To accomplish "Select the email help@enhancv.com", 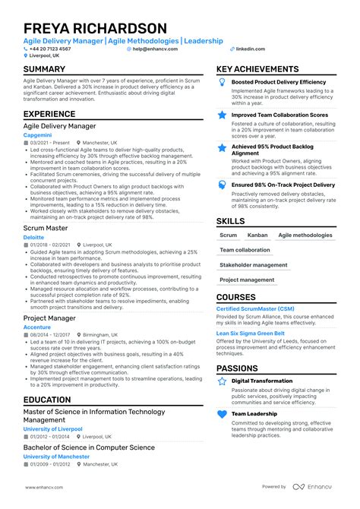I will click(x=155, y=49).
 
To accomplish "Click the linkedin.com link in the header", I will click(x=250, y=49).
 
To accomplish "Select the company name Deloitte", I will click(x=34, y=237).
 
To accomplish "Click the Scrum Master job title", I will click(x=46, y=227).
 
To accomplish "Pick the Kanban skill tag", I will click(x=257, y=236).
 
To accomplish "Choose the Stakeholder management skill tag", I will click(x=253, y=265).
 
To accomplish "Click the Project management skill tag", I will click(x=247, y=280).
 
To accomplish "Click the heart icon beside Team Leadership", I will click(x=222, y=415).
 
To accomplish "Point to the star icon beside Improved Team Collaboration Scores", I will click(x=222, y=115).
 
